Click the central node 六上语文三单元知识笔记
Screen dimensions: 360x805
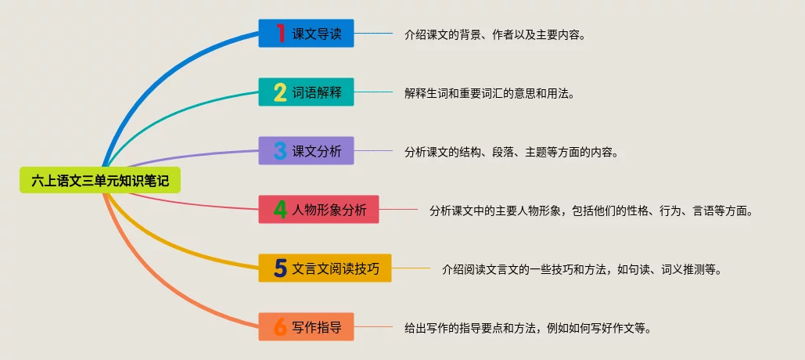[99, 181]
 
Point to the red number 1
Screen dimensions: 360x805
[280, 34]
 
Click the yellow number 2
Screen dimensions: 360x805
[280, 92]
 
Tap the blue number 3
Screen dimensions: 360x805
[280, 151]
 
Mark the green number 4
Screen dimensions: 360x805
[280, 210]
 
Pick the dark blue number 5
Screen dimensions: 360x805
[280, 268]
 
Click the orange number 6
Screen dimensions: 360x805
[280, 327]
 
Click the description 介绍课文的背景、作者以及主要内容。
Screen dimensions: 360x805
[495, 34]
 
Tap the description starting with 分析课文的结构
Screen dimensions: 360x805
[512, 152]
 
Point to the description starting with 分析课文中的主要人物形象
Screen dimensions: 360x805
[591, 211]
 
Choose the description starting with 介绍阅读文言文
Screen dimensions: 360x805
[581, 269]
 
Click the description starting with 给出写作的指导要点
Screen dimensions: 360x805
[528, 328]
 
